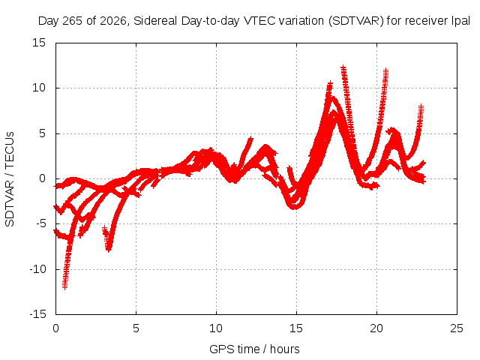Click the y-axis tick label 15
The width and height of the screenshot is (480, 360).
[39, 43]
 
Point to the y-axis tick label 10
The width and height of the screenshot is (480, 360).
[39, 88]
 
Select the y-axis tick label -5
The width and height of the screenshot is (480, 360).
[41, 223]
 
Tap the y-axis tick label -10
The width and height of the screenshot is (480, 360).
[38, 269]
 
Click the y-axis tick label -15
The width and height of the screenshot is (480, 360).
[38, 314]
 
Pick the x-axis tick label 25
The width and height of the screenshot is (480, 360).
[457, 328]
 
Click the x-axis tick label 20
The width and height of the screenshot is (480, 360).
[376, 328]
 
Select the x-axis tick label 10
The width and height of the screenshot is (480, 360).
[216, 328]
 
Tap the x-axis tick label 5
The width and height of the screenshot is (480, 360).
[136, 328]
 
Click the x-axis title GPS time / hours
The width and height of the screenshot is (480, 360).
[254, 349]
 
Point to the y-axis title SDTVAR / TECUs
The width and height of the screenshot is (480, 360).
[10, 179]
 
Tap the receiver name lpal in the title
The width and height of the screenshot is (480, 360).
[461, 21]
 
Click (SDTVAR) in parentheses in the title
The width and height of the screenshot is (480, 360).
[355, 21]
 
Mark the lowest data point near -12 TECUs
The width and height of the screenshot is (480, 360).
[64, 287]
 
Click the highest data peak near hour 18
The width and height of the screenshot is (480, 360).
[343, 67]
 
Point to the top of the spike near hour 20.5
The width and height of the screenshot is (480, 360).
[385, 70]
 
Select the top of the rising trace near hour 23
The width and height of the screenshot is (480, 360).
[421, 106]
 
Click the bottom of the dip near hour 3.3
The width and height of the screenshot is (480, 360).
[109, 250]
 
